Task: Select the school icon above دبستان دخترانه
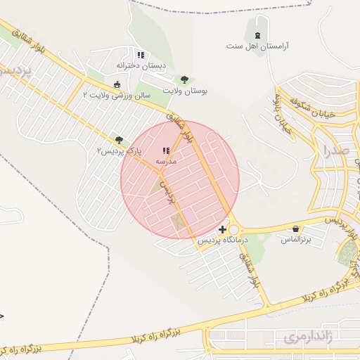(x=141, y=55)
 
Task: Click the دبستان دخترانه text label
(x=143, y=66)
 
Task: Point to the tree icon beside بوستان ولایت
(x=185, y=79)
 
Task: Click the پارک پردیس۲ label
(x=120, y=150)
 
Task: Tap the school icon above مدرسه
(x=166, y=150)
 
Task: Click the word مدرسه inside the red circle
(x=166, y=161)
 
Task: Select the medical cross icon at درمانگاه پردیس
(x=223, y=229)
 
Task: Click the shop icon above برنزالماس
(x=296, y=229)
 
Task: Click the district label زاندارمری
(x=307, y=337)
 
